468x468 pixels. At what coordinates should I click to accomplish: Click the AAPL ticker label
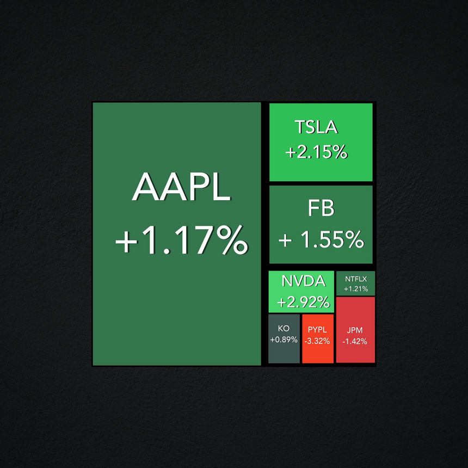[x=181, y=187]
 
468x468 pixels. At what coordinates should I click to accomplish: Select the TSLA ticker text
[x=316, y=127]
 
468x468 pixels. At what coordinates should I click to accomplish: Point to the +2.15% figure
[x=316, y=152]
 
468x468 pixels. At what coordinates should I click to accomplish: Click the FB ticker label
[x=321, y=208]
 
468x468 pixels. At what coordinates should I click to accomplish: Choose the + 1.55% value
[x=322, y=239]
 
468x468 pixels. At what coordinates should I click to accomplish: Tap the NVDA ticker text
[x=303, y=281]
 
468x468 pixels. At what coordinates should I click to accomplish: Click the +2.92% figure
[x=303, y=302]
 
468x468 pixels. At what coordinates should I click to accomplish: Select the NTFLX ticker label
[x=356, y=279]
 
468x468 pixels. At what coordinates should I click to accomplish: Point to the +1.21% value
[x=356, y=288]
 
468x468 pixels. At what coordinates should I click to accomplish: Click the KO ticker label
[x=284, y=328]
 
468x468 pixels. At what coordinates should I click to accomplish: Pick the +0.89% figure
[x=284, y=340]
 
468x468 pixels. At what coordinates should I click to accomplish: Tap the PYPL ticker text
[x=317, y=330]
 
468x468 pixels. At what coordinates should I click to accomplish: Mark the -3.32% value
[x=317, y=341]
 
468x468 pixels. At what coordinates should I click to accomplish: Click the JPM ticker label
[x=355, y=330]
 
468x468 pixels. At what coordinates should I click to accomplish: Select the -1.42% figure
[x=355, y=341]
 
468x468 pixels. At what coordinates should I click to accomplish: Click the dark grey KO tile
[x=284, y=338]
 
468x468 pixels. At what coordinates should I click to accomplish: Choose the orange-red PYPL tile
[x=318, y=338]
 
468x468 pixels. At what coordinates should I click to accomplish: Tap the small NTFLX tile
[x=355, y=283]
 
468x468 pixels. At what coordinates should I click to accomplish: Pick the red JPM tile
[x=355, y=330]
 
